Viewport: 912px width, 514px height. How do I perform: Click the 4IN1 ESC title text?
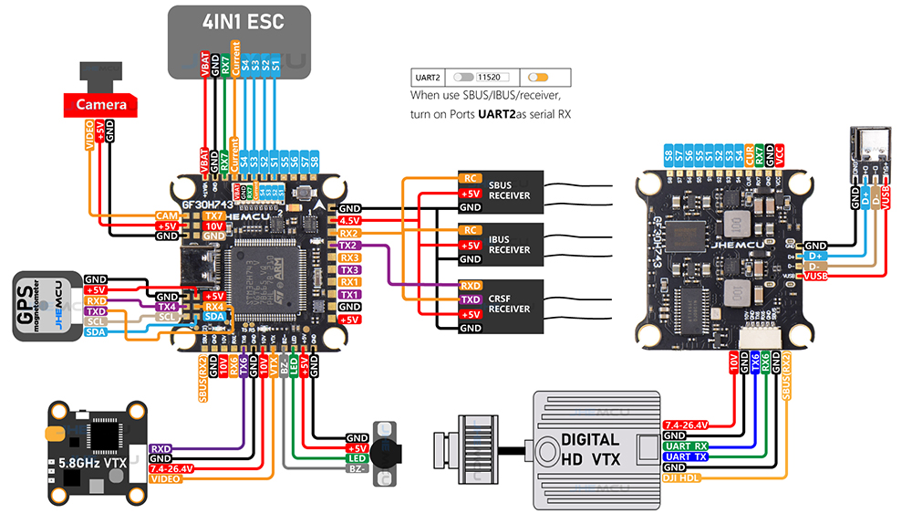click(239, 22)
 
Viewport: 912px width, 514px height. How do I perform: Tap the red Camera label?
click(100, 105)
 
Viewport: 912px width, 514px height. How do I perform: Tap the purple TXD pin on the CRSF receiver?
click(471, 299)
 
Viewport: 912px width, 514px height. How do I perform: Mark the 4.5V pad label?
click(348, 221)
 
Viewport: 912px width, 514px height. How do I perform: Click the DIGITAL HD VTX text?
click(590, 448)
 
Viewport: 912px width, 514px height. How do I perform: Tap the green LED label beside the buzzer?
click(357, 457)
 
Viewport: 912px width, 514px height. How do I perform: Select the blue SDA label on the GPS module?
click(96, 332)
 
